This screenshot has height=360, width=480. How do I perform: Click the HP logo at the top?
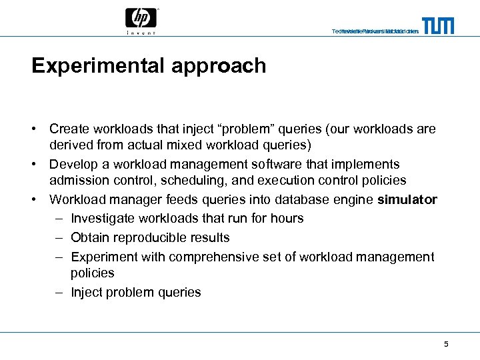(141, 17)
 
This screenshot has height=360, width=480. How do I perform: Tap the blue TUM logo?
(438, 26)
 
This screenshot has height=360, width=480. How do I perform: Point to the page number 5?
(446, 344)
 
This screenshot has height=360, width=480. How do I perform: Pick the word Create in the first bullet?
(69, 129)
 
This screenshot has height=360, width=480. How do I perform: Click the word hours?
(287, 218)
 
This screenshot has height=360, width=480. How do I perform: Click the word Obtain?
(90, 237)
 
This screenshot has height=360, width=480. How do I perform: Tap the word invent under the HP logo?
(141, 32)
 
